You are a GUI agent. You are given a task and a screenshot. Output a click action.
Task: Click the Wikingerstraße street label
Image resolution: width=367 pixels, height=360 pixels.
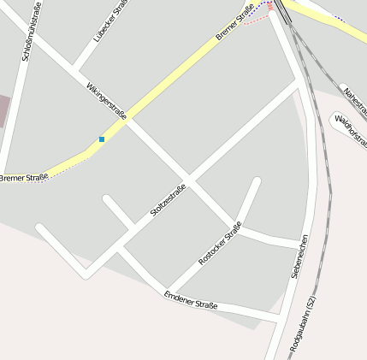[106, 100]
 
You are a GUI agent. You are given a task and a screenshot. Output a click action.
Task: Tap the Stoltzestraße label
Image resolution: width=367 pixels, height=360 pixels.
[168, 200]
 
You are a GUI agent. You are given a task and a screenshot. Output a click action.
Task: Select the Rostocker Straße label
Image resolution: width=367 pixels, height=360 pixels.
[221, 242]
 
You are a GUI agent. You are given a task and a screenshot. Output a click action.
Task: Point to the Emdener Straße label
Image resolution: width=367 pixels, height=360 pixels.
[190, 300]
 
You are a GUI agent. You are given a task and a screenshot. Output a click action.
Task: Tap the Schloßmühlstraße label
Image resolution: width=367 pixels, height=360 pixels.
[31, 31]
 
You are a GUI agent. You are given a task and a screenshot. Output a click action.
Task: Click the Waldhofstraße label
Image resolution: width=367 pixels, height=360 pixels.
[351, 127]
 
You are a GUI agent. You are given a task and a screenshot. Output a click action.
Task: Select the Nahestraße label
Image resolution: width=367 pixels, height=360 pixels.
[354, 102]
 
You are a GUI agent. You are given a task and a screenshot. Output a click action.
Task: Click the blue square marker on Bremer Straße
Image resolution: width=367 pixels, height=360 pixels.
[102, 139]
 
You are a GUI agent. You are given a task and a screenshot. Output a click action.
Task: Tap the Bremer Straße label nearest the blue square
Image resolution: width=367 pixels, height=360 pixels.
[23, 178]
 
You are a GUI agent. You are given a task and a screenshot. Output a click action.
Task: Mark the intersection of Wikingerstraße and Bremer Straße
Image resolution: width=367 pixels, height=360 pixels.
[125, 120]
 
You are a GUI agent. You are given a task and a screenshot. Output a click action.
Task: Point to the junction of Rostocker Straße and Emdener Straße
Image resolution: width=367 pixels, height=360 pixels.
[169, 291]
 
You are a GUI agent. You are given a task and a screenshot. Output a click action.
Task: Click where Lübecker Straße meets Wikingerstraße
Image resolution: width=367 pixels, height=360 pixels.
[75, 68]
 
